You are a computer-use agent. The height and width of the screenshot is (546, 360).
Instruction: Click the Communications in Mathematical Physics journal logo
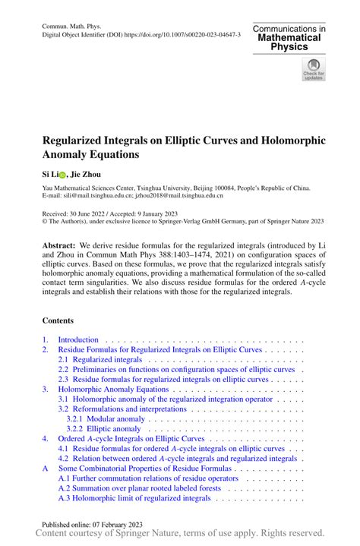(x=290, y=38)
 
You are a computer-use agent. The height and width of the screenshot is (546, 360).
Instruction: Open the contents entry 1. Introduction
(x=78, y=339)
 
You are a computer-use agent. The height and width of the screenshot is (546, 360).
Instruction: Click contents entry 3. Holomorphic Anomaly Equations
(x=113, y=389)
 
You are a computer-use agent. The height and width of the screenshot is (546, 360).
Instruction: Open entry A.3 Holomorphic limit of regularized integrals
(x=134, y=497)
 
